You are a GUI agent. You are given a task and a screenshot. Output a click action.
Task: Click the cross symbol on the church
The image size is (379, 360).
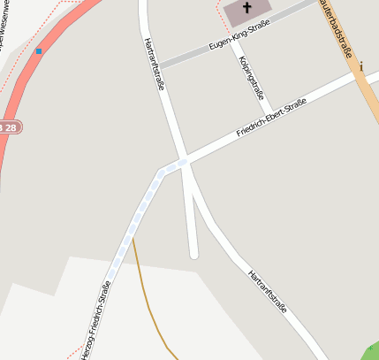(x=247, y=10)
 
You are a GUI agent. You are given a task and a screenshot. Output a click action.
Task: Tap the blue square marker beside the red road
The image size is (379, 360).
(x=39, y=51)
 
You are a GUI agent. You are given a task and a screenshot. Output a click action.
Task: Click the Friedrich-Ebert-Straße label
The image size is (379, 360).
(x=271, y=119)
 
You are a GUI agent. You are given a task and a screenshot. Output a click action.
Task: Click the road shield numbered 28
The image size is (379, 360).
(x=8, y=128)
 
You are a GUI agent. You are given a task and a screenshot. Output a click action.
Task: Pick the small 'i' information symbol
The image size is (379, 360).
(x=360, y=65)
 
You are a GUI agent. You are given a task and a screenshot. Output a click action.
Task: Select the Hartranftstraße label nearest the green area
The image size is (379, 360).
(x=269, y=293)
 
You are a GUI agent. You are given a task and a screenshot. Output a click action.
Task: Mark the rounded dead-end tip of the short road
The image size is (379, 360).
(x=194, y=255)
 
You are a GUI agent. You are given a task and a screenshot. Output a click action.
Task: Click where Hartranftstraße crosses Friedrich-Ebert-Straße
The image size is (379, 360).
(x=183, y=162)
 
